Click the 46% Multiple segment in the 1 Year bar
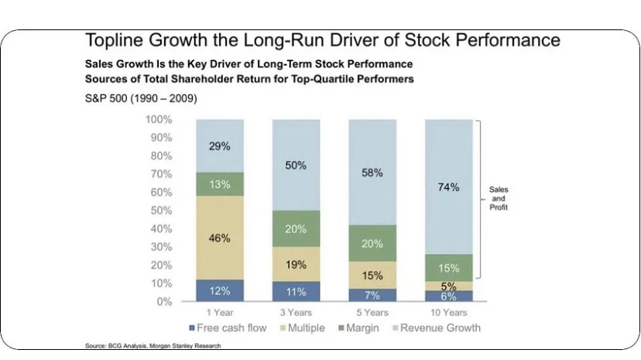tap(220, 238)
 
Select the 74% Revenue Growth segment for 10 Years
tap(449, 187)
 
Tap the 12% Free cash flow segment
tap(220, 290)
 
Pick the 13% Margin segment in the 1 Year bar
tap(220, 183)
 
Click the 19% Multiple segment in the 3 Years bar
tap(296, 264)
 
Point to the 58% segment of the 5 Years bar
tap(372, 173)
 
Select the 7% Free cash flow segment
tap(372, 295)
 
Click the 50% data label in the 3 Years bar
tap(296, 165)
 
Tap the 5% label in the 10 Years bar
tap(449, 286)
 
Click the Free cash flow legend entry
tap(228, 327)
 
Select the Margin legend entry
tap(358, 327)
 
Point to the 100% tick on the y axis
tap(159, 119)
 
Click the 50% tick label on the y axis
tap(161, 210)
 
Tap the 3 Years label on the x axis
tap(296, 313)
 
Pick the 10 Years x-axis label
tap(449, 313)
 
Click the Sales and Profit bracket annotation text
tap(499, 199)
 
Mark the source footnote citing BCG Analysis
tap(153, 346)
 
